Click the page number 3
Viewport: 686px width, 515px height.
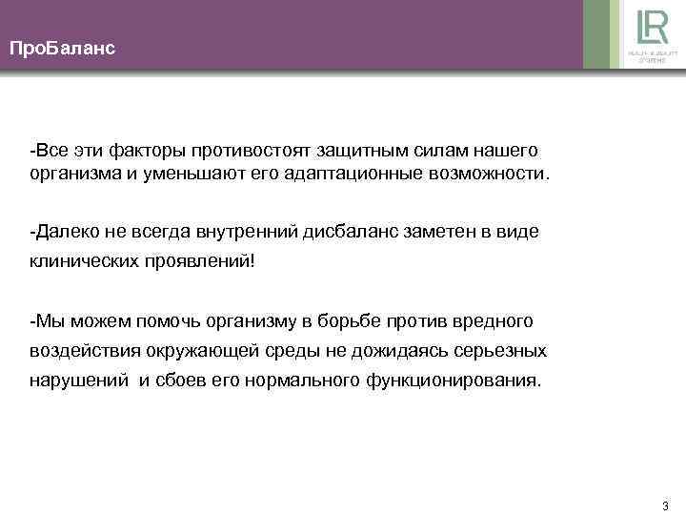click(664, 505)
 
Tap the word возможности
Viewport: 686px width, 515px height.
click(494, 175)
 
